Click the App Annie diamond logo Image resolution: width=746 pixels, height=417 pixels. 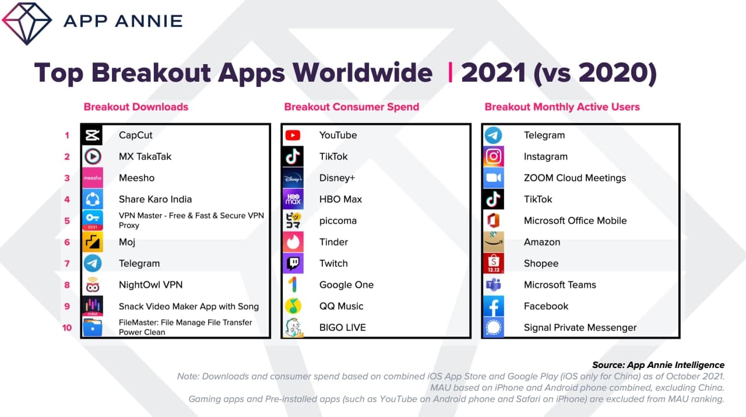(27, 23)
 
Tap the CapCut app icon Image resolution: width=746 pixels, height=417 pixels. (92, 135)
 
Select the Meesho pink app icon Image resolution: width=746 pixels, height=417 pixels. (92, 178)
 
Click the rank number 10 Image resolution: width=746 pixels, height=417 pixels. (67, 328)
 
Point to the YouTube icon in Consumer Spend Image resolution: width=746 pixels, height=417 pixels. (293, 135)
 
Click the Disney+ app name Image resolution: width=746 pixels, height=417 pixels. (337, 178)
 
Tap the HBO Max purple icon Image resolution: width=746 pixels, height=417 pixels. (293, 199)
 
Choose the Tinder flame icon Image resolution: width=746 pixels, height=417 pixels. (293, 242)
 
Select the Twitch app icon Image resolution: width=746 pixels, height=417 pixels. (293, 264)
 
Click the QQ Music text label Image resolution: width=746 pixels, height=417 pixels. (341, 306)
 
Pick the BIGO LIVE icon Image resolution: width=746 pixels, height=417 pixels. (293, 327)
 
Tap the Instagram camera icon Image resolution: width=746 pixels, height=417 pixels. (494, 156)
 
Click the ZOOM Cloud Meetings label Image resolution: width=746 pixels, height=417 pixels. (575, 178)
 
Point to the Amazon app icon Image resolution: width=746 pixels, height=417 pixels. (494, 242)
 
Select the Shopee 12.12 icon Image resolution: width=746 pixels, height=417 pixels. (494, 264)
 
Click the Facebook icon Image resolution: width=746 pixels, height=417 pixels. (494, 306)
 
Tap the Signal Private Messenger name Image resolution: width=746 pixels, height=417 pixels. (580, 328)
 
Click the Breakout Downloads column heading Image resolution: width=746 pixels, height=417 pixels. (136, 107)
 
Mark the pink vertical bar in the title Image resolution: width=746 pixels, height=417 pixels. (451, 72)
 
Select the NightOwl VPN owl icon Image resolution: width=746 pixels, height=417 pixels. (92, 285)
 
